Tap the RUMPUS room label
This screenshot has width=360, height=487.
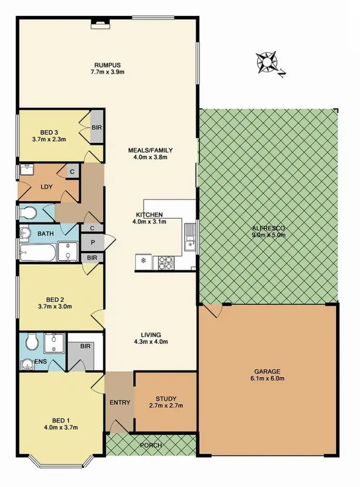click(x=107, y=65)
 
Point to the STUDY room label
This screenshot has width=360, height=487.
click(x=166, y=398)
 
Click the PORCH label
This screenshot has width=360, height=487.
click(x=151, y=445)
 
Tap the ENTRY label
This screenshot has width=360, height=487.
click(x=120, y=402)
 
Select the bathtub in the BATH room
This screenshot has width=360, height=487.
click(x=37, y=251)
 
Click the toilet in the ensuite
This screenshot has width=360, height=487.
click(x=32, y=343)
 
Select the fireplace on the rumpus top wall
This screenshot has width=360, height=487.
click(x=100, y=21)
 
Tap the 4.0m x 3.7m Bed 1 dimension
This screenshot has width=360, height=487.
click(x=60, y=427)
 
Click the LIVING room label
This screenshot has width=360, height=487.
click(x=151, y=334)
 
